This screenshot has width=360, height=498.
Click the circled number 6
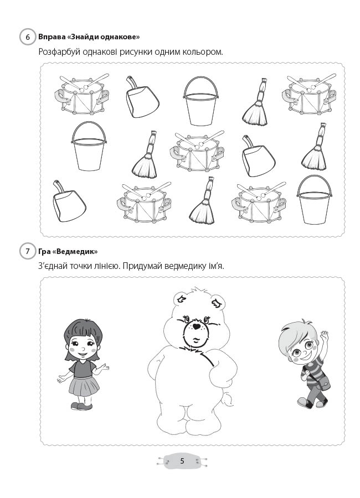pyautogui.click(x=28, y=37)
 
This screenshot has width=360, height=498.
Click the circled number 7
pyautogui.click(x=28, y=252)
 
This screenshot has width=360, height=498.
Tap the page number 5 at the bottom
pyautogui.click(x=182, y=461)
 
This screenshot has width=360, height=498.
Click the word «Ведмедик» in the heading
pyautogui.click(x=75, y=252)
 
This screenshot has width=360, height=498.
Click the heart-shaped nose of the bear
pyautogui.click(x=197, y=326)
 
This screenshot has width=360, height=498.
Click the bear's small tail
pyautogui.click(x=228, y=399)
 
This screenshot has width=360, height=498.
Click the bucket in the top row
pyautogui.click(x=201, y=101)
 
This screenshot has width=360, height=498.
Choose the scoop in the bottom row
pyautogui.click(x=68, y=201)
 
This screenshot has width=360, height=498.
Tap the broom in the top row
pyautogui.click(x=256, y=102)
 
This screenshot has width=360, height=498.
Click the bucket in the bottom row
pyautogui.click(x=314, y=200)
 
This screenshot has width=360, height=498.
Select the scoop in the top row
pyautogui.click(x=142, y=97)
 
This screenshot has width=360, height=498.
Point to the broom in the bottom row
pyautogui.click(x=203, y=201)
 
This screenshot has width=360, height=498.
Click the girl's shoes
pyautogui.click(x=82, y=406)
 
